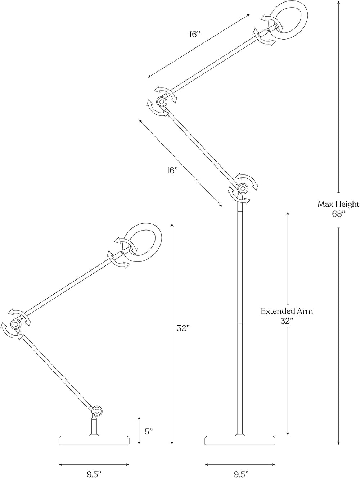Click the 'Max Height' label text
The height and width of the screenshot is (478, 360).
(x=338, y=204)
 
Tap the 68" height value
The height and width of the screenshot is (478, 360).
(x=338, y=214)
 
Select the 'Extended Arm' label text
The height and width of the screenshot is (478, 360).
(x=287, y=311)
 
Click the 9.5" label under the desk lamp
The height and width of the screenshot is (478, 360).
(x=94, y=473)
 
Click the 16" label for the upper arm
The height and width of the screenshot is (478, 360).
(x=195, y=35)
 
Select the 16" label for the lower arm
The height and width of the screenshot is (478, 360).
(x=172, y=171)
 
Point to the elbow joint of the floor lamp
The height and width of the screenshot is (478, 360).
(x=162, y=101)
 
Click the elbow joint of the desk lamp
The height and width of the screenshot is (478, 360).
(x=16, y=324)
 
